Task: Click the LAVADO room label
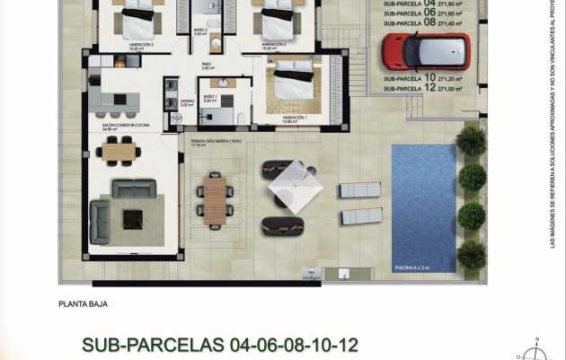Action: tap(186, 101)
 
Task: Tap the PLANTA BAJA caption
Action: tap(83, 304)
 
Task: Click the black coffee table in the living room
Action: tap(133, 216)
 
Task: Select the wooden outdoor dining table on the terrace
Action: tap(214, 199)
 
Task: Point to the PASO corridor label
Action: tap(208, 66)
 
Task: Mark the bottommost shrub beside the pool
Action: tap(471, 253)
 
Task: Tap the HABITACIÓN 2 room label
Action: tap(274, 44)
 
